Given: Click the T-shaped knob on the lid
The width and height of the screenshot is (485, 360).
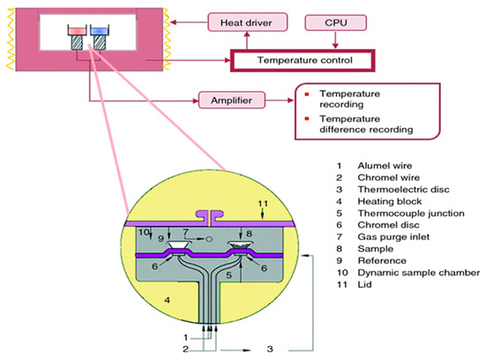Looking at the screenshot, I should pos(210,214).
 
